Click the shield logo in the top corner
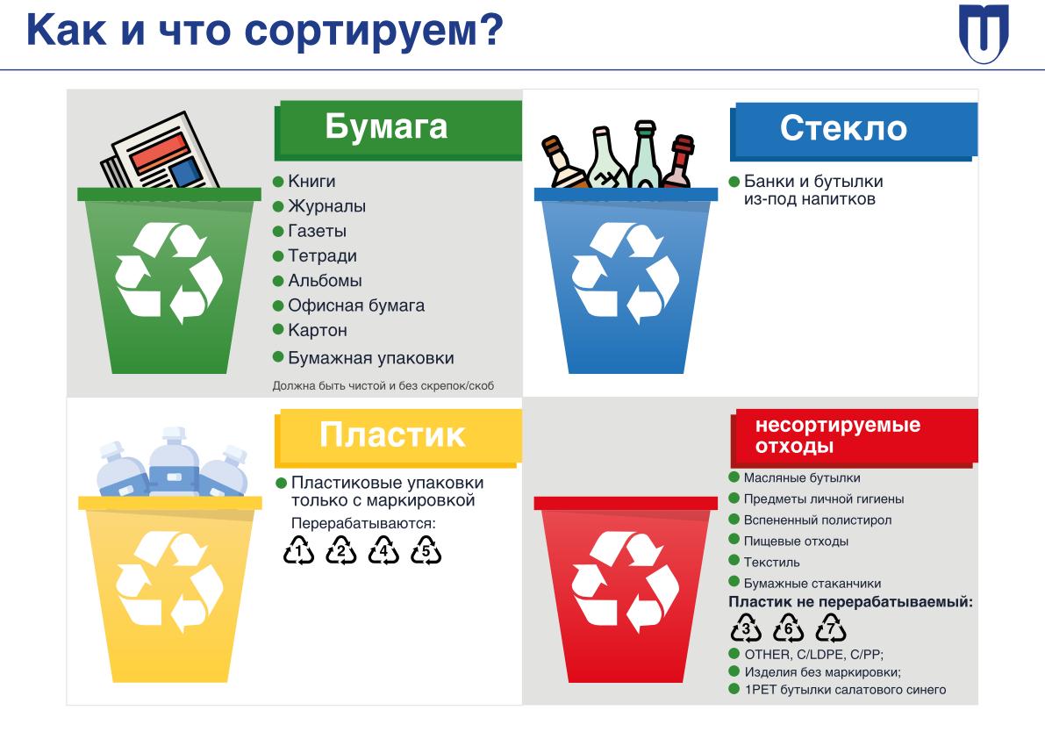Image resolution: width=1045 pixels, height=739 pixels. pos(984,33)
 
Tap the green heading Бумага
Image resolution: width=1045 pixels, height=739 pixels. pos(386,126)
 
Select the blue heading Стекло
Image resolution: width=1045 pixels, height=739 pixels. pos(843,128)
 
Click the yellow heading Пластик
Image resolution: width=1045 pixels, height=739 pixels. pos(392,434)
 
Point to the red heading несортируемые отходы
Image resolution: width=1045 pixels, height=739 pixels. pos(838,434)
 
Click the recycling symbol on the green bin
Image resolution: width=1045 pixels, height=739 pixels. pos(168,273)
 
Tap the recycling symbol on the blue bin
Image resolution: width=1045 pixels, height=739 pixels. pos(625,273)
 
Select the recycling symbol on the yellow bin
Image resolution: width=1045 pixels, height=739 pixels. pos(168,582)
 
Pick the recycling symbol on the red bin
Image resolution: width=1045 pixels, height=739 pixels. pos(625,582)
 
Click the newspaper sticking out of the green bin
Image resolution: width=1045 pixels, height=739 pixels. pos(160,152)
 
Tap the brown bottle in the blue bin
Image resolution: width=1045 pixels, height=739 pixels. pos(563,161)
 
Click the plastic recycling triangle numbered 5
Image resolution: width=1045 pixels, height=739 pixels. pos(426,550)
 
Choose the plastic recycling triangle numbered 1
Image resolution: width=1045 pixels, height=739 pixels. pos(298,550)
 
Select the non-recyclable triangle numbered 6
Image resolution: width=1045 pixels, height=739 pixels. pos(789,628)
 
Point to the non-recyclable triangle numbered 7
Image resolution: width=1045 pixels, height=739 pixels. pos(831,628)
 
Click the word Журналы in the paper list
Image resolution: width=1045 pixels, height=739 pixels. pos(326,206)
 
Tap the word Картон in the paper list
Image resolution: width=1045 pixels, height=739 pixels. pos(318,331)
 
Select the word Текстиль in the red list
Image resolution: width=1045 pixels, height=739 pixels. pos(772,563)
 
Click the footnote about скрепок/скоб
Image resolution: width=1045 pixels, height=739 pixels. pos(383,386)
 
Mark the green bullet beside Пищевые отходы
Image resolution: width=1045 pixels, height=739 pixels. pos(734,540)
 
